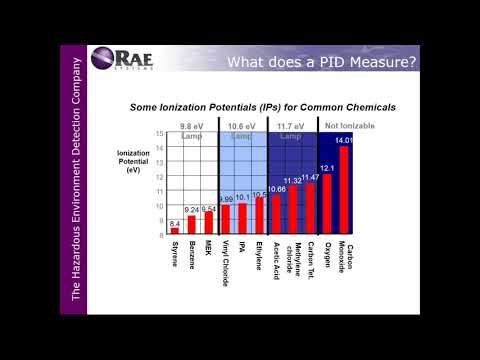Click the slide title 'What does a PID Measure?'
[x=321, y=64]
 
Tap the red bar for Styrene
[x=175, y=231]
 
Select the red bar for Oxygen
[x=327, y=205]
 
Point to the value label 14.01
[x=344, y=141]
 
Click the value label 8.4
[x=175, y=222]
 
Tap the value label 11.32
[x=293, y=180]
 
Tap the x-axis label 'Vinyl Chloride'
[x=225, y=262]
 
